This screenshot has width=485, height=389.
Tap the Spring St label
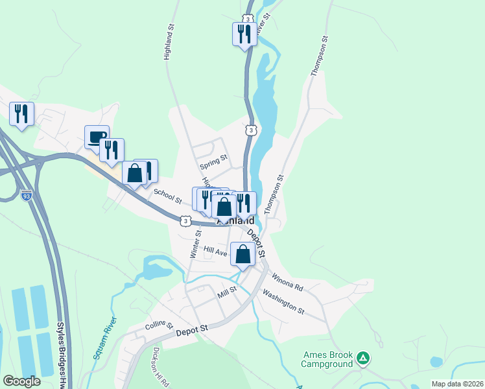point(213,158)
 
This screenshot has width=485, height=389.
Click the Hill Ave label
point(215,250)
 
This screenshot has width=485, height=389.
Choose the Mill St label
point(228,294)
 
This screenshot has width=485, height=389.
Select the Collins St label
point(159,325)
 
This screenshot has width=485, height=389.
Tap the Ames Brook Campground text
point(327,359)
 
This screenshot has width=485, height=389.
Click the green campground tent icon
point(364,357)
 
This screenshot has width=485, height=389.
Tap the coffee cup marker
point(97,137)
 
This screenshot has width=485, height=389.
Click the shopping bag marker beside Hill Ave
point(242,254)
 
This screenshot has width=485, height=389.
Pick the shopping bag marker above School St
point(134,173)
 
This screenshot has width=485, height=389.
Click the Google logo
point(21,381)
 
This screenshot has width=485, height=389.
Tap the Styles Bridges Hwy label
point(63,357)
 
